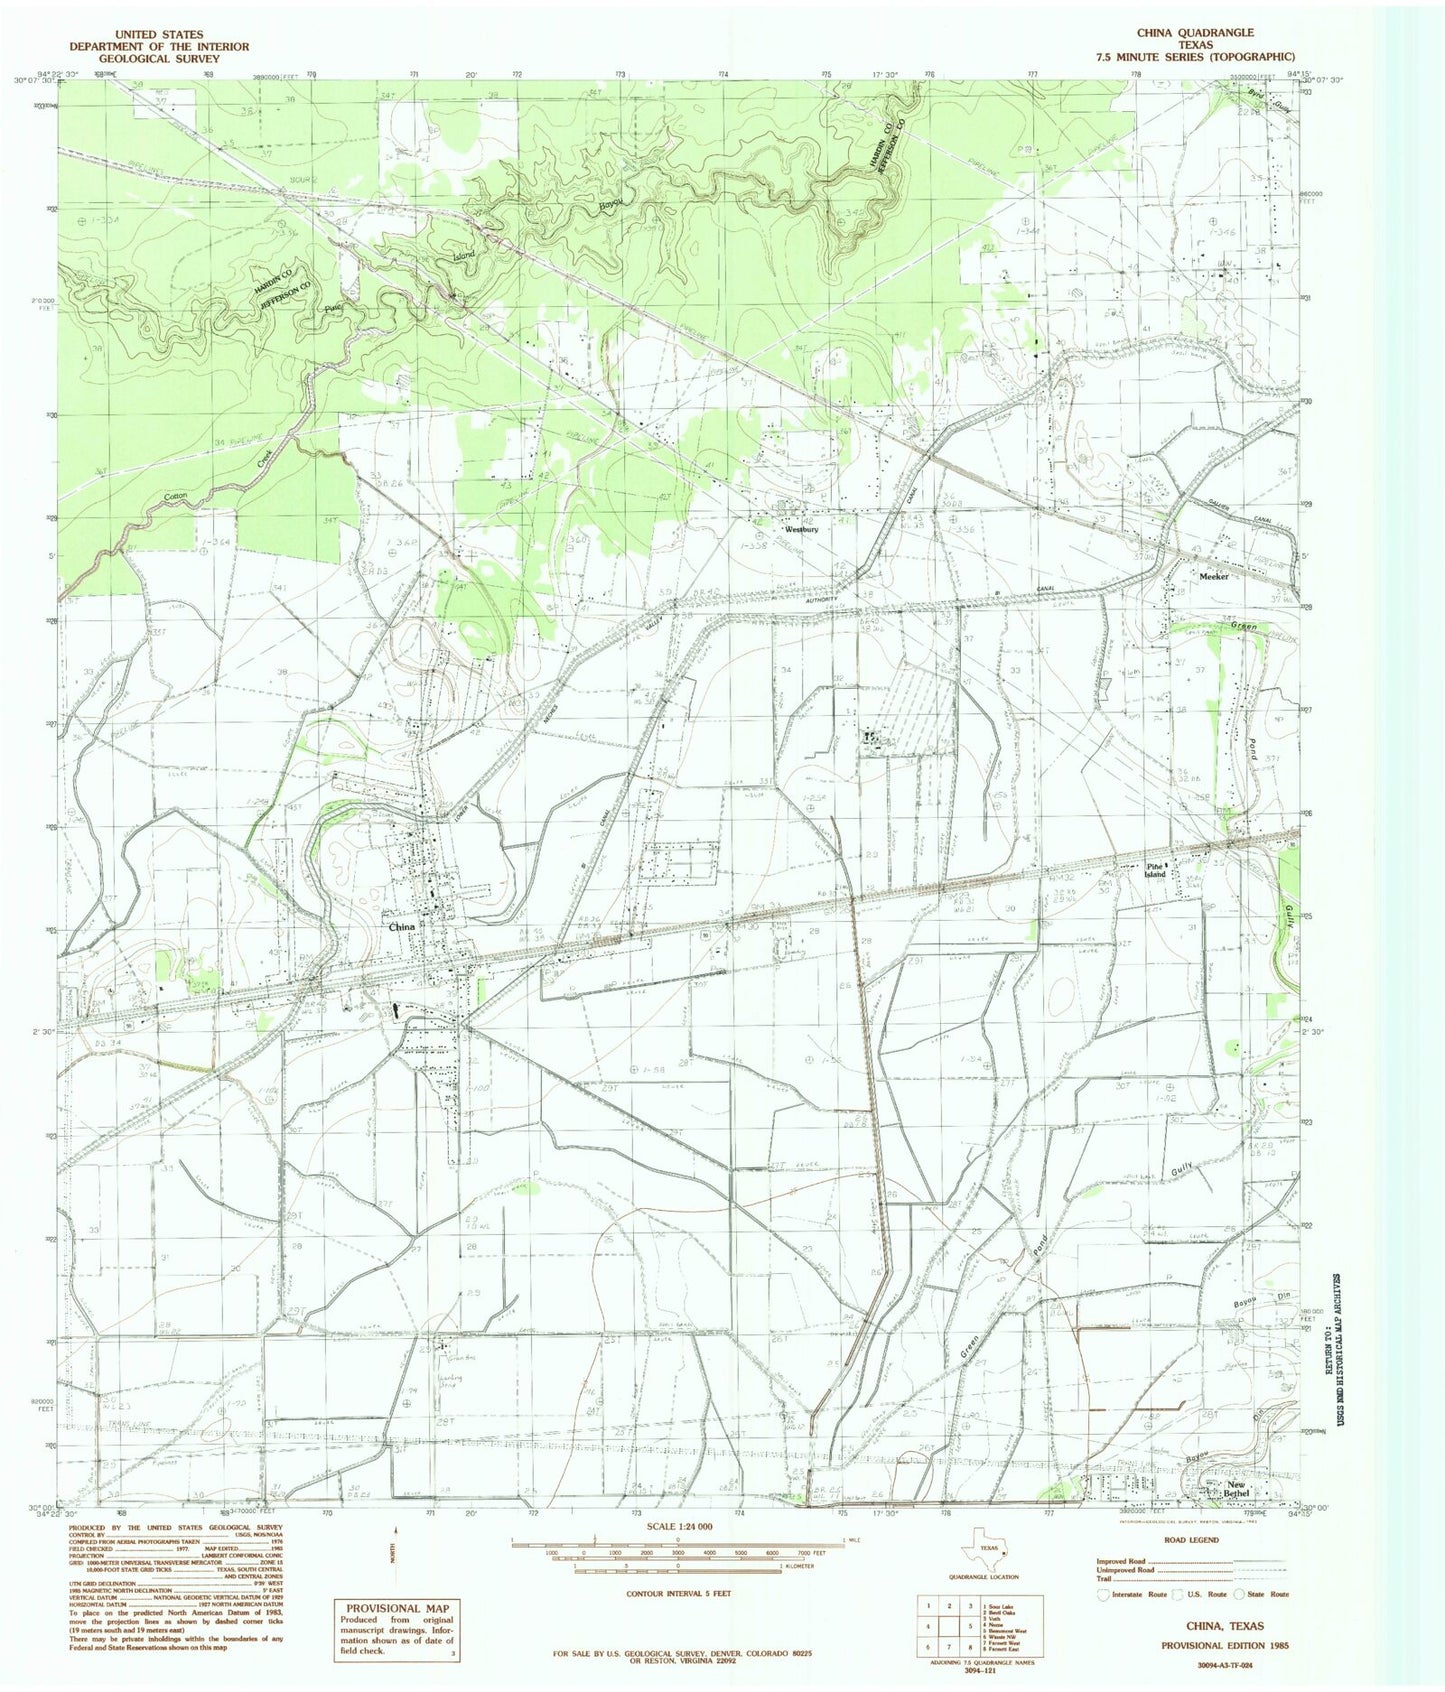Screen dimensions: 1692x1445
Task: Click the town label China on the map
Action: pos(402,927)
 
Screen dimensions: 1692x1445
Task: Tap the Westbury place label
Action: pos(802,529)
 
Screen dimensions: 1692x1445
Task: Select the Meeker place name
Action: pos(1213,577)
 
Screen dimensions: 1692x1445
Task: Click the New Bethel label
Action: pos(1237,1489)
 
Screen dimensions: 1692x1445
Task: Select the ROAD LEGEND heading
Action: pos(1192,1540)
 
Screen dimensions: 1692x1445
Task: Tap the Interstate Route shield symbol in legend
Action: pos(1104,1594)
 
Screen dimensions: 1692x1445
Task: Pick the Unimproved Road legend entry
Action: pos(1126,1570)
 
